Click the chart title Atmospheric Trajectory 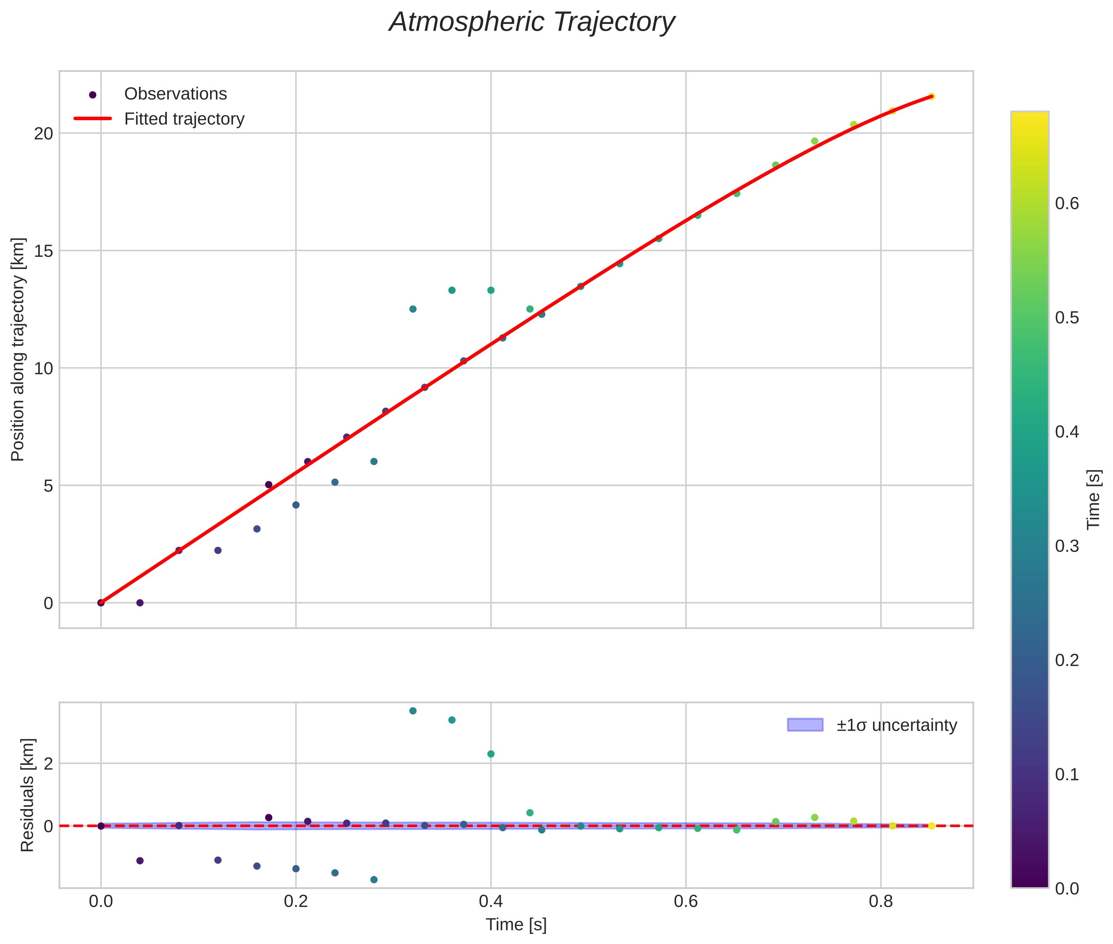[x=532, y=22]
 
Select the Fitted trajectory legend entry [x=184, y=119]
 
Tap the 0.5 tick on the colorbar [x=1066, y=318]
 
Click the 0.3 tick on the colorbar [x=1066, y=546]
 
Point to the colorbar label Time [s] [x=1094, y=499]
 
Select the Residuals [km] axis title [x=27, y=795]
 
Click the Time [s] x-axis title [x=516, y=925]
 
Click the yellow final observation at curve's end [x=931, y=96]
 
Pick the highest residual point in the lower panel [x=412, y=711]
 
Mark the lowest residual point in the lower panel [x=374, y=879]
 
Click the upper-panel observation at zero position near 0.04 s [x=139, y=603]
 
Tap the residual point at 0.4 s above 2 [x=490, y=754]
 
